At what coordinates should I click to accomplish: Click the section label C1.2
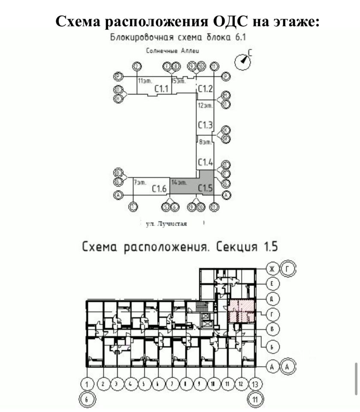205,89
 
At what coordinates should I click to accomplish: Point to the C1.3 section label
205,125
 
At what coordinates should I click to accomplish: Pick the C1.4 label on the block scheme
205,162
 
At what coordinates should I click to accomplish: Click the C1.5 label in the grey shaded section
205,188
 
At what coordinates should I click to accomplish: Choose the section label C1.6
159,188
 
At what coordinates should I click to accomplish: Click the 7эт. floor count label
140,182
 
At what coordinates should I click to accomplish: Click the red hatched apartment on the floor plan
241,311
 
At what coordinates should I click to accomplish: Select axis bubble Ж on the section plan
272,269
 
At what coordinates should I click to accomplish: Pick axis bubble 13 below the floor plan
255,384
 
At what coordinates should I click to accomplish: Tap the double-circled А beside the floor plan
288,367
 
